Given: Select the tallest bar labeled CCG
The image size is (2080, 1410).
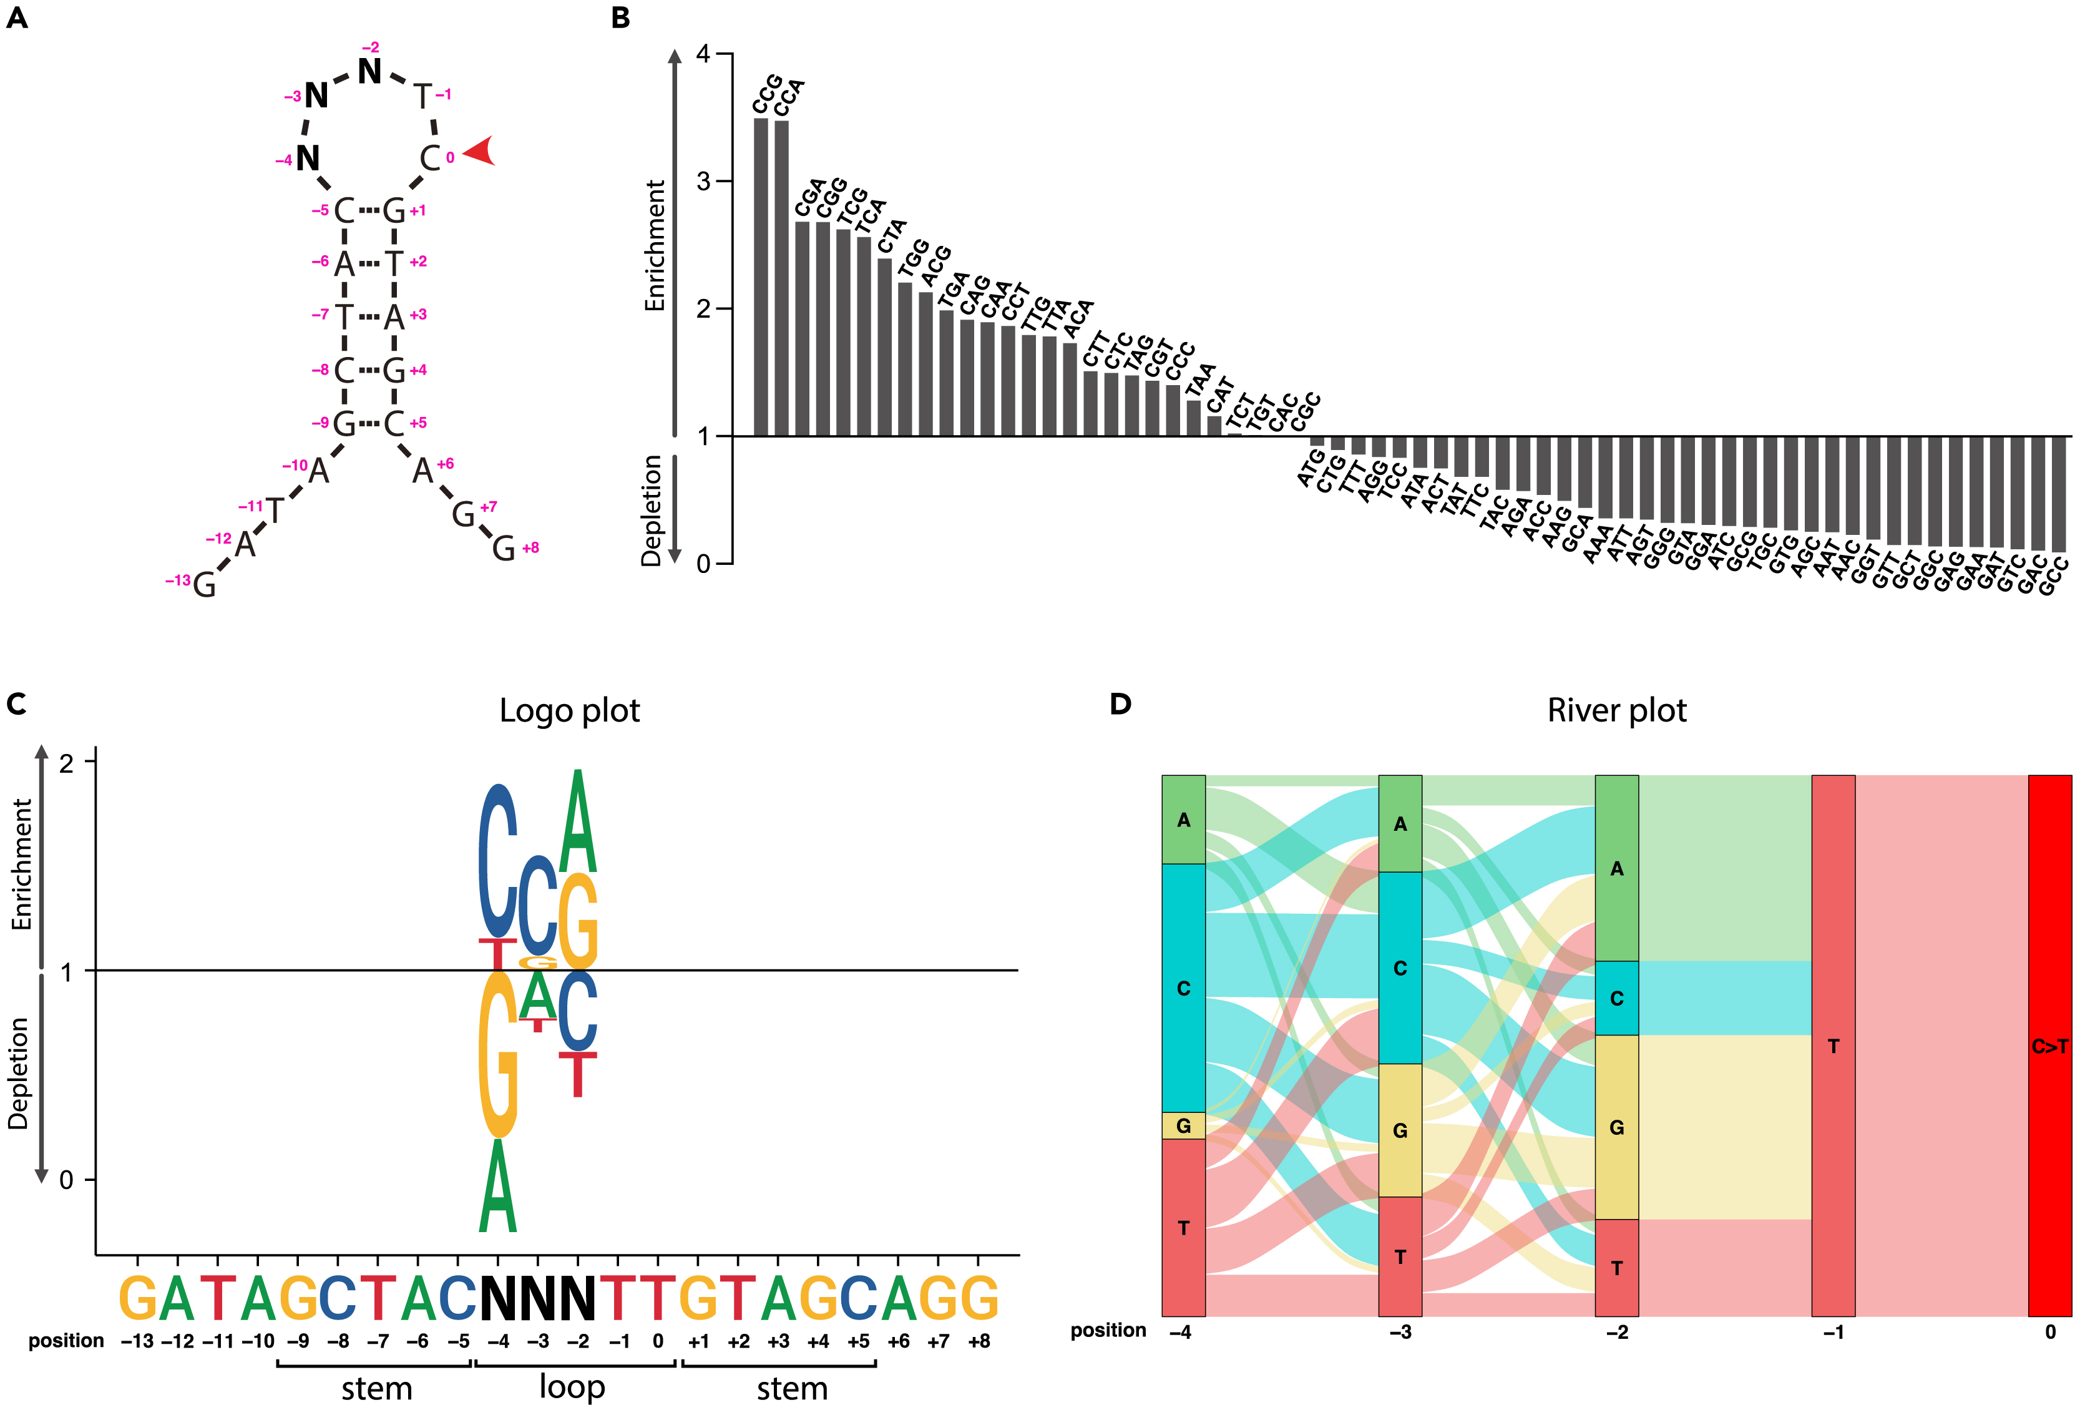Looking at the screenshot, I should click(x=761, y=278).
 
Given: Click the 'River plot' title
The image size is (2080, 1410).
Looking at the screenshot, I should click(x=1616, y=711).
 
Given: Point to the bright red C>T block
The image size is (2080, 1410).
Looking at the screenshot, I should click(x=2049, y=1045).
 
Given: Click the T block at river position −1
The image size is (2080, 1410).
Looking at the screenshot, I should click(x=1833, y=1045).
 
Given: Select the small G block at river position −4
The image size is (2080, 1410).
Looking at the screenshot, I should click(x=1183, y=1125).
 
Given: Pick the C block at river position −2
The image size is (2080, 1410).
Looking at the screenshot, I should click(x=1616, y=998).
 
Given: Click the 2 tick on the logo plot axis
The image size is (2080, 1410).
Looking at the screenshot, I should click(x=66, y=763).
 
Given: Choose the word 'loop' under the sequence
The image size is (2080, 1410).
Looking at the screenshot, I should click(x=572, y=1387).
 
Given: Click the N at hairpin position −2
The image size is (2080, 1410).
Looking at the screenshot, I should click(x=369, y=72).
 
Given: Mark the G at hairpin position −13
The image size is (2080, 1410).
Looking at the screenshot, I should click(x=204, y=585).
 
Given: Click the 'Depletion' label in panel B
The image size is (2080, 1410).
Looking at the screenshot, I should click(x=652, y=511).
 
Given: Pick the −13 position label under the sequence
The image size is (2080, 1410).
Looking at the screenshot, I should click(x=137, y=1342).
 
